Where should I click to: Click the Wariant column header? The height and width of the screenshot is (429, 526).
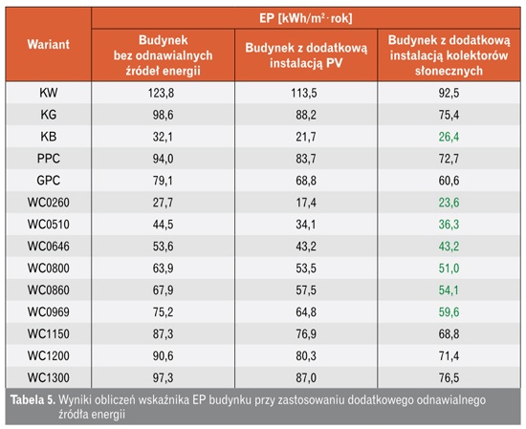tap(49, 44)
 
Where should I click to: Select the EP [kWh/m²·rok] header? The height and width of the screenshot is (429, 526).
tap(306, 18)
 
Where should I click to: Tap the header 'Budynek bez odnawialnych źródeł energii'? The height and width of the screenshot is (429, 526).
tap(163, 55)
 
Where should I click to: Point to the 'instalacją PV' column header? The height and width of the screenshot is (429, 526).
tap(306, 55)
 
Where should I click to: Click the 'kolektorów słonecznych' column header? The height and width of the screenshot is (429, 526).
tap(449, 55)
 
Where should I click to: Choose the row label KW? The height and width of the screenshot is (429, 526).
tap(49, 93)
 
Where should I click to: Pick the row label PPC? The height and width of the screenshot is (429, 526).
tap(49, 159)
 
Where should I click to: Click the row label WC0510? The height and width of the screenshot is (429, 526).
tap(49, 225)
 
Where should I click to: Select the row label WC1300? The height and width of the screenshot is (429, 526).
tap(49, 377)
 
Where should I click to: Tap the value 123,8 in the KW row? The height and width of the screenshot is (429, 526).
tap(161, 93)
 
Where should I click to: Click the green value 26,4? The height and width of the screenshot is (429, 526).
tap(449, 137)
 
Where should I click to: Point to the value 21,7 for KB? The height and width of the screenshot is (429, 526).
tap(306, 137)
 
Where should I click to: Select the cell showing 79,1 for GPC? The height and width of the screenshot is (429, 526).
tap(163, 181)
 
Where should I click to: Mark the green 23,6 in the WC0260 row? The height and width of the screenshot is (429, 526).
tap(449, 203)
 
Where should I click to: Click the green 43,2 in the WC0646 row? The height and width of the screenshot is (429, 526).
tap(449, 247)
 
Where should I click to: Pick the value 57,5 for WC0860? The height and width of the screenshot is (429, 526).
tap(306, 290)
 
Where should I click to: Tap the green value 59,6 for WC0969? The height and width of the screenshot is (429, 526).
tap(449, 312)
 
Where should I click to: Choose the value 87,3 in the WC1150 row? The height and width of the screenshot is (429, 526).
tap(163, 333)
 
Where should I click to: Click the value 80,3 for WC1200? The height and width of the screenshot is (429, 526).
tap(306, 355)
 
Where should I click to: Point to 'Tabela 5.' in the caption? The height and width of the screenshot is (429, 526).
tap(33, 399)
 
